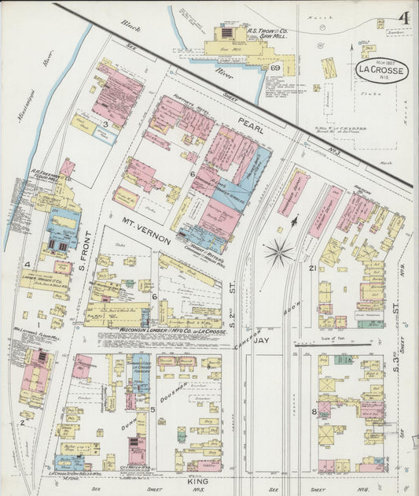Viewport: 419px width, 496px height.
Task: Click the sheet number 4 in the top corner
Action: [402, 17]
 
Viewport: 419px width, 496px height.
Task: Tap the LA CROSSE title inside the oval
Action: [381, 71]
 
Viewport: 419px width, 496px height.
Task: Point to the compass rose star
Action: [278, 253]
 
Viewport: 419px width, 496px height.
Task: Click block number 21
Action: [312, 269]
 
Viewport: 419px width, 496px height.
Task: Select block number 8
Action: [313, 411]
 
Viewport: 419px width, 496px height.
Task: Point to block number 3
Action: [104, 124]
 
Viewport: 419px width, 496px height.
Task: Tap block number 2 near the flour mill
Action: [22, 423]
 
